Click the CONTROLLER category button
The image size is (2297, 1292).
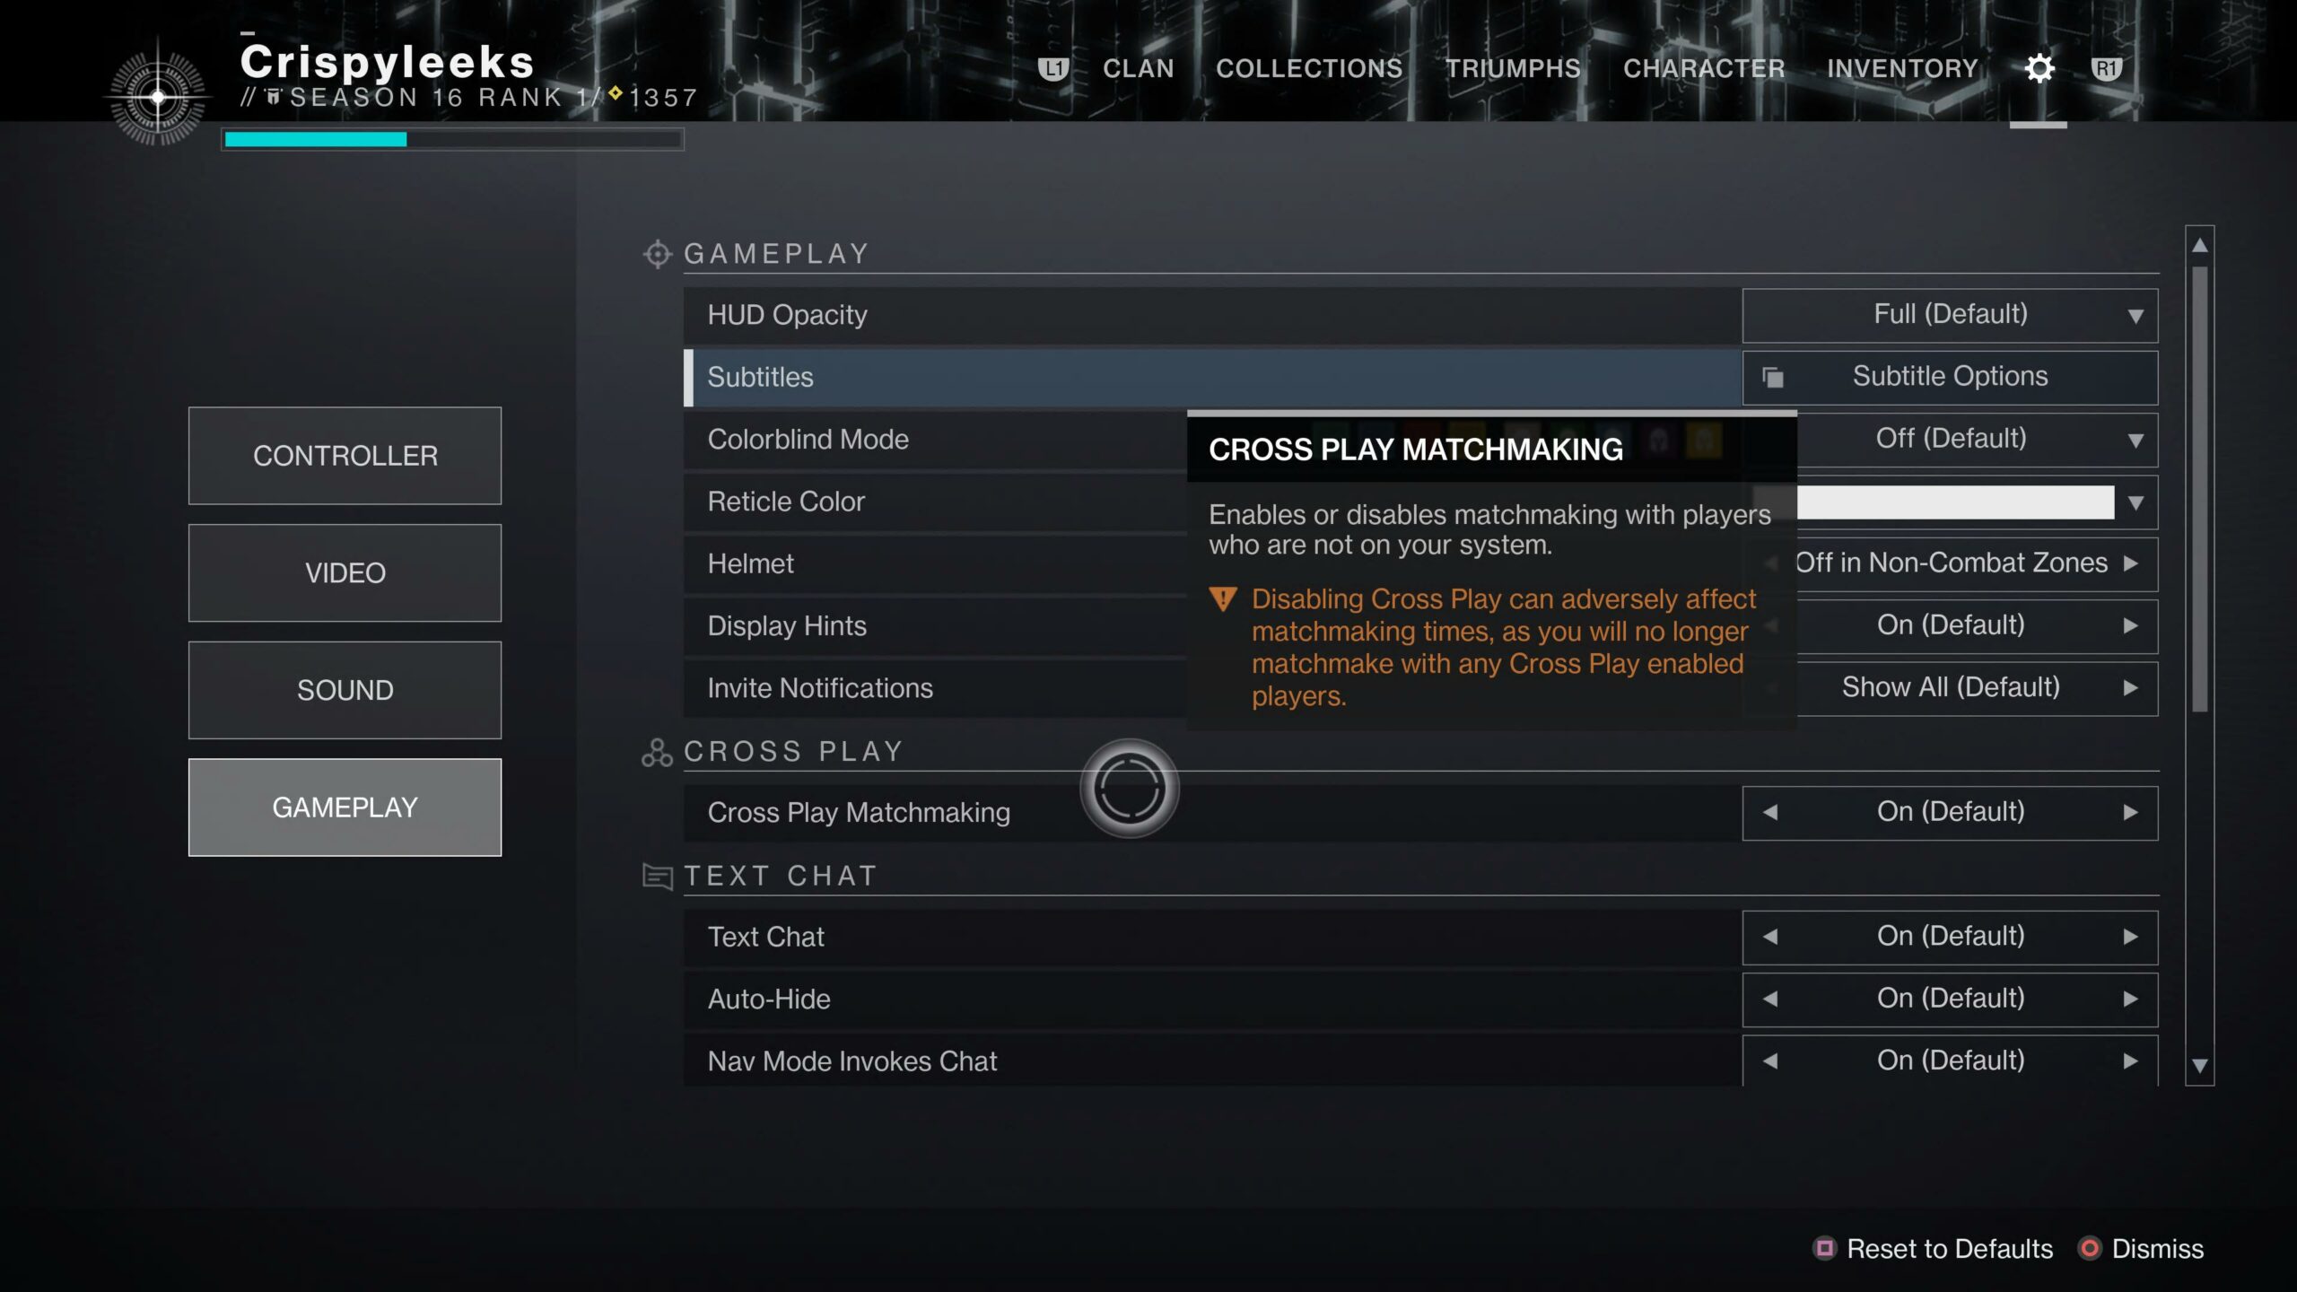(345, 456)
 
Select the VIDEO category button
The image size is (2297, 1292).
(345, 572)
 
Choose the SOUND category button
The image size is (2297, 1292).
(345, 690)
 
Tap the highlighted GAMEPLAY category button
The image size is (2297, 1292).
(345, 807)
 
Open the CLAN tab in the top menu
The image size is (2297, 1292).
(1138, 68)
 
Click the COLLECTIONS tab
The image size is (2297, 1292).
(1309, 68)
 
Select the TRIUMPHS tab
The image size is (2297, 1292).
(1513, 68)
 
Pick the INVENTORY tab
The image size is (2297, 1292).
(1902, 68)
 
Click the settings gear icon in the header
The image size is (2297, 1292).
(2039, 68)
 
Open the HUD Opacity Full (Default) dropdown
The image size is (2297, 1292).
(1950, 315)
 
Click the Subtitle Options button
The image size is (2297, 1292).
(1950, 377)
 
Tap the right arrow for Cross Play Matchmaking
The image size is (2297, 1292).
(2130, 813)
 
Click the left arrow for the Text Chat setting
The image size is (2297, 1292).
(1770, 937)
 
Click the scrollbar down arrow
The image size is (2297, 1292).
(2199, 1066)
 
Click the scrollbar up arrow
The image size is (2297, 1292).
(2199, 245)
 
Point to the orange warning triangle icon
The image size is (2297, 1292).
(1223, 598)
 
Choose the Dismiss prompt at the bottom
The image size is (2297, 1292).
(2141, 1249)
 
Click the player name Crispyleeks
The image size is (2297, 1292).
(387, 62)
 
